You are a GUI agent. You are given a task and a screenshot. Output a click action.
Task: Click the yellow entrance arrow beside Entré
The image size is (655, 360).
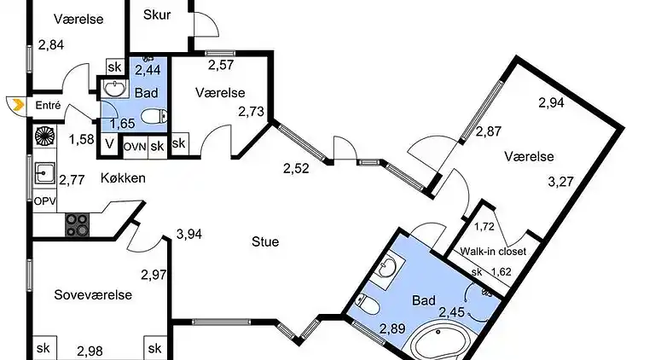tap(19, 105)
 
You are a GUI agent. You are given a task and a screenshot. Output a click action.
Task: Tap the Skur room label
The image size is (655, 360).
tap(157, 15)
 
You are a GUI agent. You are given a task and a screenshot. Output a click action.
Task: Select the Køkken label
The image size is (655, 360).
tap(123, 178)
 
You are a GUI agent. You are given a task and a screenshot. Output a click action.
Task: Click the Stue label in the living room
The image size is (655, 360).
tap(265, 241)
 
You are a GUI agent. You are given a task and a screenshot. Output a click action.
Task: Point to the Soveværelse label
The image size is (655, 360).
tap(93, 295)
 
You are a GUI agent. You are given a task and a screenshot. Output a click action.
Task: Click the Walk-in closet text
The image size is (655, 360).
tap(493, 252)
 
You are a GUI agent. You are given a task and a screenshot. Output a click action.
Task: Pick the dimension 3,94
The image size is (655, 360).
tap(189, 235)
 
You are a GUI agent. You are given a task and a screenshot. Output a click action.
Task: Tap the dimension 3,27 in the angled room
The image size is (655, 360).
tap(560, 182)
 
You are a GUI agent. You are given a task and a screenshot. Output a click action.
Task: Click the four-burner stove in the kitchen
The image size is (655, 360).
tap(78, 224)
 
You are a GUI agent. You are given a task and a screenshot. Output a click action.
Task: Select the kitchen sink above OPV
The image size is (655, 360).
tap(44, 173)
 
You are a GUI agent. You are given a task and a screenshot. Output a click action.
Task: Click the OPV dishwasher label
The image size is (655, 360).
tap(44, 201)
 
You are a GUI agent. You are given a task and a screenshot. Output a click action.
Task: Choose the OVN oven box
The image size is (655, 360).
tap(136, 147)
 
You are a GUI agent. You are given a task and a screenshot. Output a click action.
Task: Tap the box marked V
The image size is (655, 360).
tap(109, 144)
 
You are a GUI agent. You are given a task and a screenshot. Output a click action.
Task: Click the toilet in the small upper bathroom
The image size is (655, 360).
tap(154, 116)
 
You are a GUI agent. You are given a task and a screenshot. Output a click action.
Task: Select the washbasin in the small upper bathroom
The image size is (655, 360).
tap(115, 88)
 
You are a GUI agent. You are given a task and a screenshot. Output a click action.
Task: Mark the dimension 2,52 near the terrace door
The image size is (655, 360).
tap(296, 169)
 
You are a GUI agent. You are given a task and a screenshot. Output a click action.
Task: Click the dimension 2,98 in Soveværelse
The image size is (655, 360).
tap(90, 351)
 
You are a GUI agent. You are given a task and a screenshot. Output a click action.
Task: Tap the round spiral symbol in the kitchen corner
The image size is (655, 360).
tap(44, 136)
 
